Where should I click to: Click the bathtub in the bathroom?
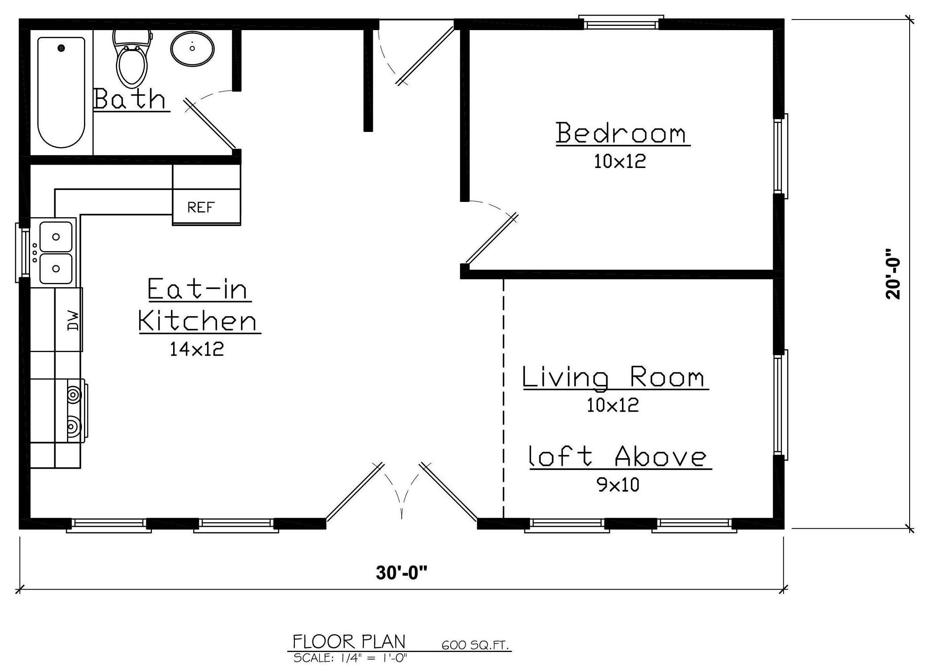point(61,92)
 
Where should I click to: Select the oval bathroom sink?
point(192,48)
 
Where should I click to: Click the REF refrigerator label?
point(201,207)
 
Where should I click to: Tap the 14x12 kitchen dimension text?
point(197,349)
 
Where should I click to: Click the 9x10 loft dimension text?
point(619,484)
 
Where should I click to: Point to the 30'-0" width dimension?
point(401,573)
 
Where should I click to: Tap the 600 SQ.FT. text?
point(475,646)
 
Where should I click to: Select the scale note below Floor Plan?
point(350,658)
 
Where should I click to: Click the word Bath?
point(129,98)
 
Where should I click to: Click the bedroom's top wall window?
point(621,23)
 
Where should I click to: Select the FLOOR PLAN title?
point(349,642)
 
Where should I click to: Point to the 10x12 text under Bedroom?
point(620,161)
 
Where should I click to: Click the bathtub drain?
point(62,48)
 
